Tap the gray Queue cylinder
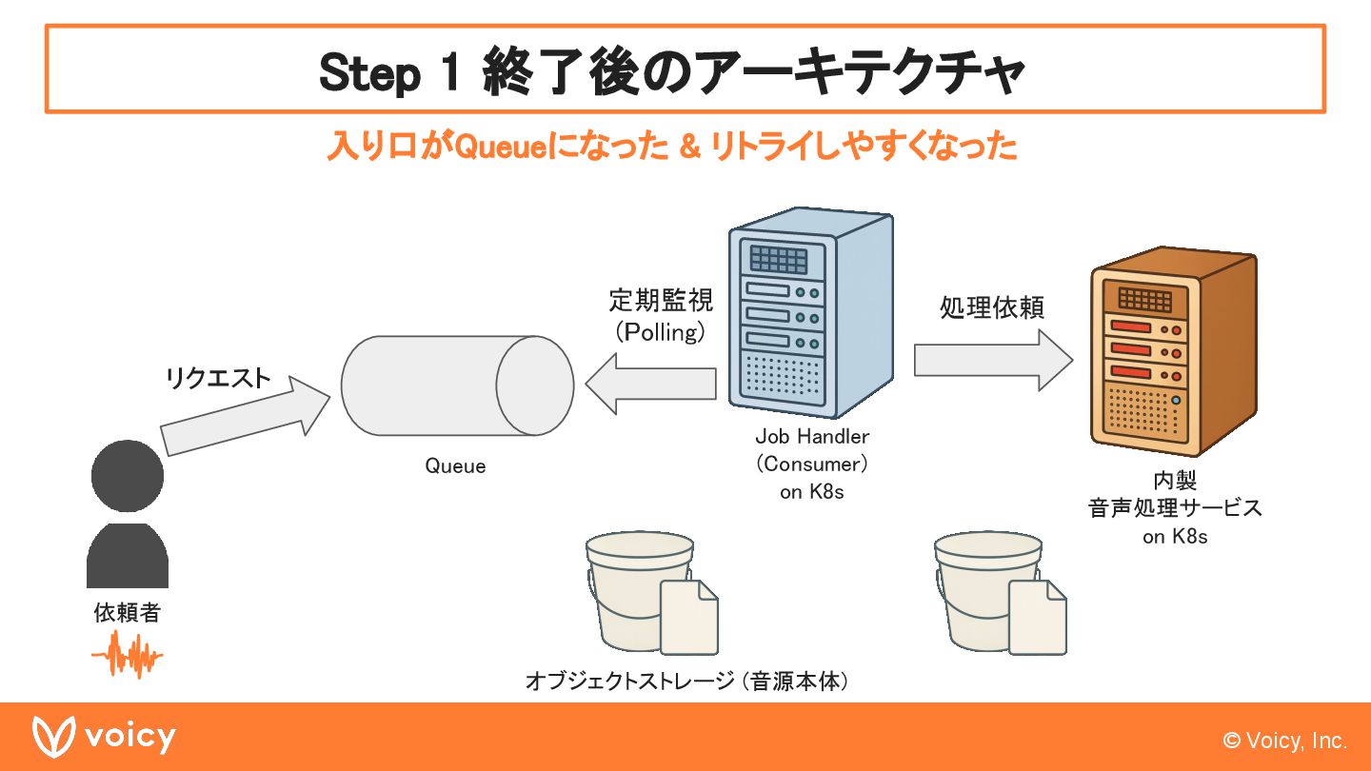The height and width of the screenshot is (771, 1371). click(457, 385)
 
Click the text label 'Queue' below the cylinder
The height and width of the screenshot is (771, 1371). click(455, 466)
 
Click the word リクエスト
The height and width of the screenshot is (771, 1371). click(218, 379)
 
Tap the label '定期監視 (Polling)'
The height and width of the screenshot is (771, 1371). click(661, 316)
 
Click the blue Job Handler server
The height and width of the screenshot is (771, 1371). click(810, 314)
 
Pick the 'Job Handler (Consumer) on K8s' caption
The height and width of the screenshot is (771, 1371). click(812, 464)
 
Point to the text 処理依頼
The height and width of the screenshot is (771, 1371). click(992, 307)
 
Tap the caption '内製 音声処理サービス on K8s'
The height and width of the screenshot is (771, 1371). click(1175, 508)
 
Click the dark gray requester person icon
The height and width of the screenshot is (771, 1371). click(128, 514)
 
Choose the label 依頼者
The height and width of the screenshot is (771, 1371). click(127, 613)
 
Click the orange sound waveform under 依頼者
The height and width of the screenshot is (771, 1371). click(127, 656)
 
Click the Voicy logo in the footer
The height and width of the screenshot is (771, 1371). click(105, 737)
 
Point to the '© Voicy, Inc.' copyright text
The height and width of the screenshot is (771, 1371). click(1285, 741)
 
